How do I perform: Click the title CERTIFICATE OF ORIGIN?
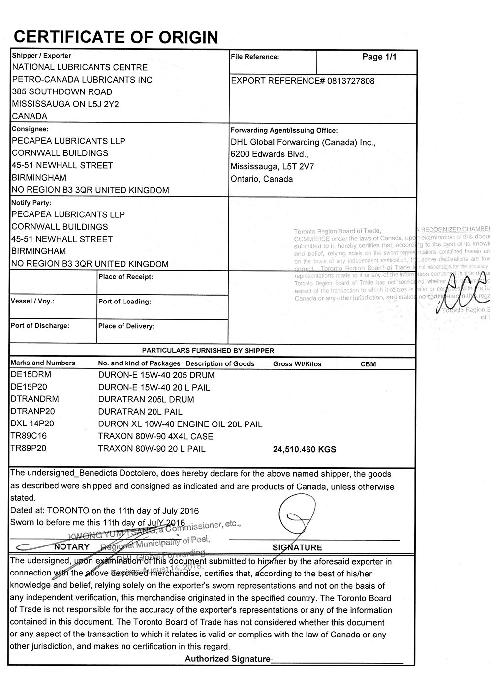pos(116,37)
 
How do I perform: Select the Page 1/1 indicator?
pos(379,57)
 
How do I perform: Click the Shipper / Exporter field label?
pos(41,56)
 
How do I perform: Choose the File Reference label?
pos(255,57)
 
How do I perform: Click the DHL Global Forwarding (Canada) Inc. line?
pos(303,143)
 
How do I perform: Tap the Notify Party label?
pos(31,203)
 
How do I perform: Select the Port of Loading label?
pos(124,302)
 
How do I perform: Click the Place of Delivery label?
pos(126,326)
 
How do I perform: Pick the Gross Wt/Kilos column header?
pos(297,364)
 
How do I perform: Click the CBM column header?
pos(368,364)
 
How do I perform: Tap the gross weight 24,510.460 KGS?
pos(304,449)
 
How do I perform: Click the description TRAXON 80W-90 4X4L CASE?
pos(155,436)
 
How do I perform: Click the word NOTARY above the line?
pos(72,546)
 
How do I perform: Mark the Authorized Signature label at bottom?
pos(227,659)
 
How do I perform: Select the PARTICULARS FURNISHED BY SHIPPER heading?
pos(208,351)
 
